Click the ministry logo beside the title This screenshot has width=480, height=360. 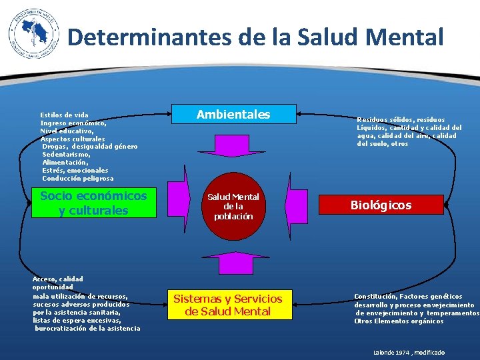click(29, 36)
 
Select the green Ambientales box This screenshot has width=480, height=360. click(233, 115)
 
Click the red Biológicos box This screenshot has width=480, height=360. click(381, 205)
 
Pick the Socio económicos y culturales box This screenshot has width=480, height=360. click(93, 203)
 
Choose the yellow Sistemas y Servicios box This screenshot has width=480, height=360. click(228, 305)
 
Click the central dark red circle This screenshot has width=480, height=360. click(233, 206)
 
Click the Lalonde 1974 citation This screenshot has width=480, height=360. click(409, 352)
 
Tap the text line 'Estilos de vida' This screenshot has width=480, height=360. click(64, 115)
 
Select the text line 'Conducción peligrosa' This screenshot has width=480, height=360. click(77, 179)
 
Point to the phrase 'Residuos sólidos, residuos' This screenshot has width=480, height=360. click(401, 120)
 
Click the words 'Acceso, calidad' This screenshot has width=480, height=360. click(58, 279)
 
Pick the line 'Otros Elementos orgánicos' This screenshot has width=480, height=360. click(399, 321)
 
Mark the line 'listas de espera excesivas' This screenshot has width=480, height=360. click(76, 320)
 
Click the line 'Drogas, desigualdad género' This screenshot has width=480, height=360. click(89, 147)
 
